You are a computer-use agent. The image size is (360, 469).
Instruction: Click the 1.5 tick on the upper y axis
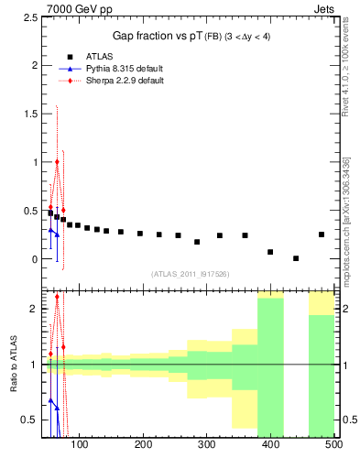[30, 114]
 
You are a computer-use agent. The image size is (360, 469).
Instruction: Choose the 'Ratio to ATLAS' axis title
[12, 364]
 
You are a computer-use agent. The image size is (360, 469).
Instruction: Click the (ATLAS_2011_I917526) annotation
[190, 274]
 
